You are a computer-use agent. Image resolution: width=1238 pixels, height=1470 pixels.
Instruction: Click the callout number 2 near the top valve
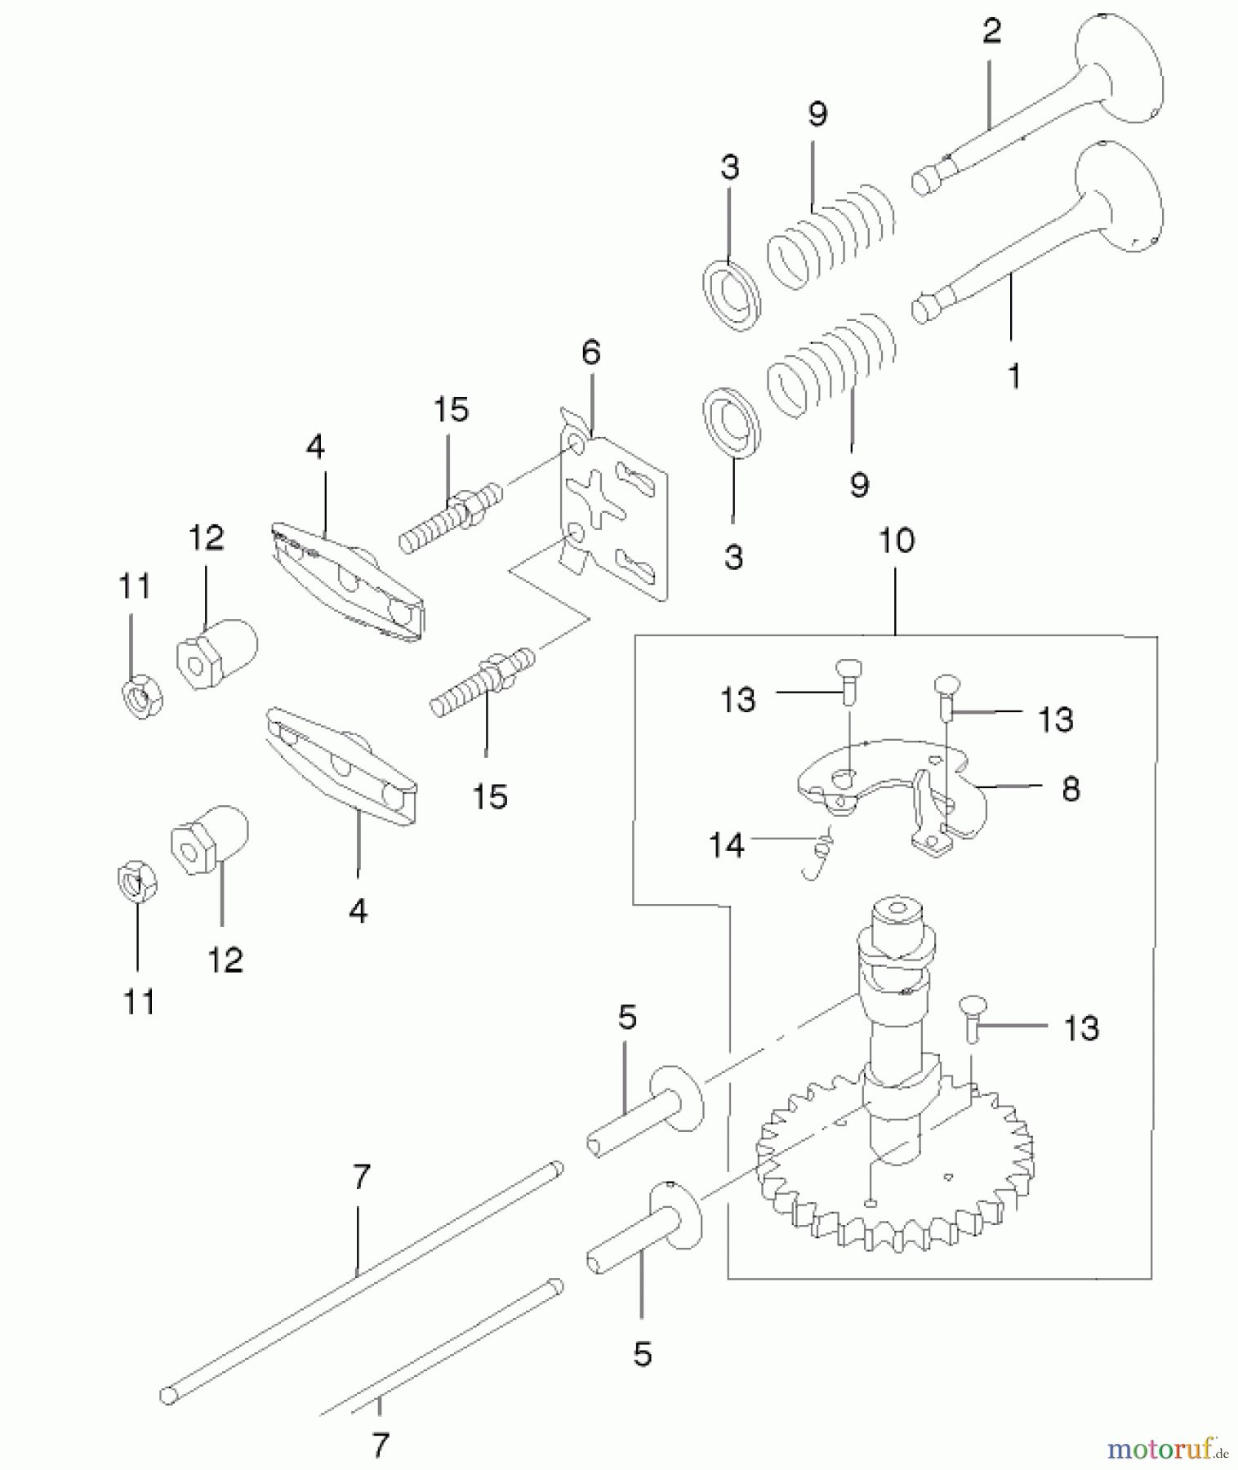(991, 31)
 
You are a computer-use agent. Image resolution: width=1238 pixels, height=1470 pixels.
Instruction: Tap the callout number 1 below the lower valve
(1013, 376)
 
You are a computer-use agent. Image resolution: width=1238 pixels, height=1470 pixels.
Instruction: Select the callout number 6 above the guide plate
(590, 352)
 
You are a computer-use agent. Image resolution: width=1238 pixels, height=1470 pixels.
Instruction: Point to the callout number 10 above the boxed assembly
(896, 540)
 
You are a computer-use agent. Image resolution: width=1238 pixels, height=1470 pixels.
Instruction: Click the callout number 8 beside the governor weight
(1071, 789)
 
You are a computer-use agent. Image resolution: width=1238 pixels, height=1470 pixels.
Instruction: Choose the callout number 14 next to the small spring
(726, 844)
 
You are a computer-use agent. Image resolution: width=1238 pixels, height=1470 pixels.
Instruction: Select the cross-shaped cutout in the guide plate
(596, 498)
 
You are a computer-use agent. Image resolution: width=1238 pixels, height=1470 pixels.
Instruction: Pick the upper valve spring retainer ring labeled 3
(732, 296)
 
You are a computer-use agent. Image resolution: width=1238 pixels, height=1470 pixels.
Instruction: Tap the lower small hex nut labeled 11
(137, 884)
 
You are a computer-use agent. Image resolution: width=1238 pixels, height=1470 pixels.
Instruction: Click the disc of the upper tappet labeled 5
(676, 1097)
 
